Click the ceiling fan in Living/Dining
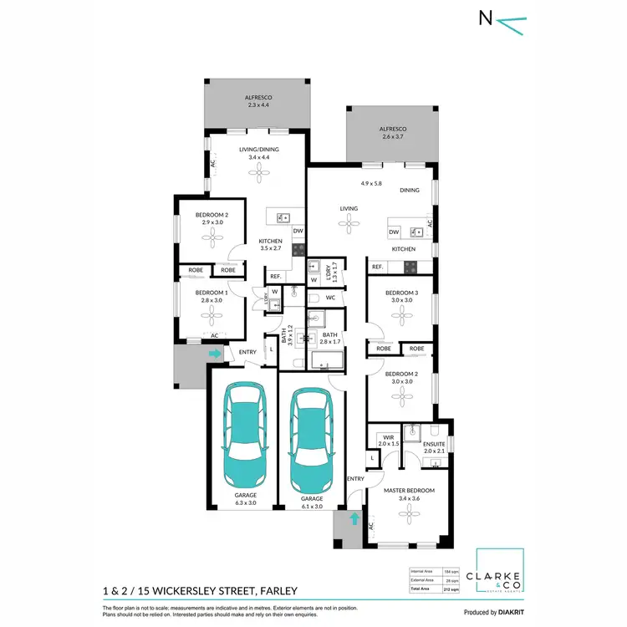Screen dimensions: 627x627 click(257, 171)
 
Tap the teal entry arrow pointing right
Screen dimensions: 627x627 click(215, 354)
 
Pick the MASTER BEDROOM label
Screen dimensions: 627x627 click(409, 490)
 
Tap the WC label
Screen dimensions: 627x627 click(330, 297)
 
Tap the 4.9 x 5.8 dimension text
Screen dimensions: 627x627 click(371, 183)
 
